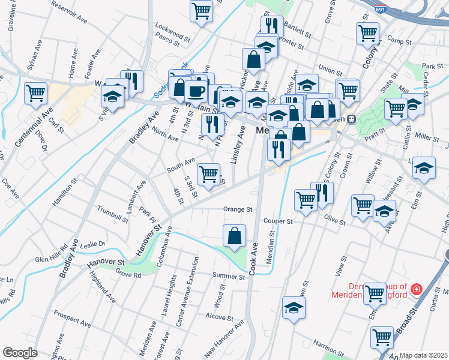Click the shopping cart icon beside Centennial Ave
pyautogui.click(x=35, y=93)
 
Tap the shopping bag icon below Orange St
pyautogui.click(x=234, y=236)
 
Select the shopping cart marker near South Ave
pyautogui.click(x=208, y=174)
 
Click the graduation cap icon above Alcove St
pyautogui.click(x=294, y=308)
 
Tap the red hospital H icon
pyautogui.click(x=416, y=290)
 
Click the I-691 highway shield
pyautogui.click(x=381, y=10)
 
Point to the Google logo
pyautogui.click(x=20, y=353)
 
